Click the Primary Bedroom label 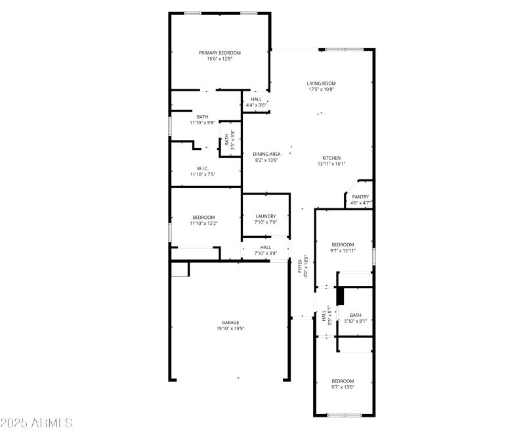[x=220, y=53]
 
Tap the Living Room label [x=322, y=83]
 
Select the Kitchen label [x=331, y=158]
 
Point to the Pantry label [x=360, y=197]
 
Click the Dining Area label [x=266, y=154]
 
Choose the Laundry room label [x=266, y=216]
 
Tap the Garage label [x=230, y=322]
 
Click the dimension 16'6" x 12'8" [x=220, y=58]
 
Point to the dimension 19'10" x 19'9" [x=230, y=328]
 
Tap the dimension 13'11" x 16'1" [x=331, y=164]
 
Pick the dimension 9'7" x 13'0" [x=343, y=387]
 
